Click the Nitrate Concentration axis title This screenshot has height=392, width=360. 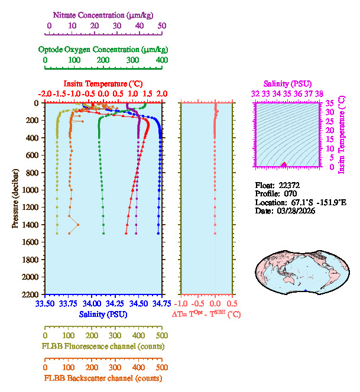104,14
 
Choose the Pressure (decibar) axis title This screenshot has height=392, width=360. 15,199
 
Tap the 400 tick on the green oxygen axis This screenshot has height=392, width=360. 161,60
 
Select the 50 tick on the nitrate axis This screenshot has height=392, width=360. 161,25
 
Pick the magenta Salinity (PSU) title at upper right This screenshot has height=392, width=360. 286,85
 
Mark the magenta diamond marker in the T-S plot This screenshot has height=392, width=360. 284,165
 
